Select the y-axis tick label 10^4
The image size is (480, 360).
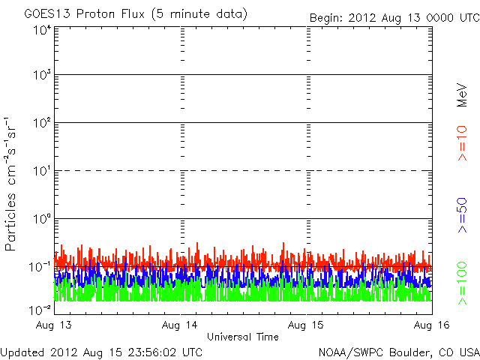coord(41,31)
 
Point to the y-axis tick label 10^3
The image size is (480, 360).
coord(41,76)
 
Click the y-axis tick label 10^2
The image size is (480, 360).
coord(41,123)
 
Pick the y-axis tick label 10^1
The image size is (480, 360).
coord(41,171)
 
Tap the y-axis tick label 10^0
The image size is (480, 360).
coord(41,219)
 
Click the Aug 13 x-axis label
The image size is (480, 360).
coord(54,325)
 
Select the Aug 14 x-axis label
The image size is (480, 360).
coord(181,325)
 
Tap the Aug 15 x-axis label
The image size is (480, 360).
coord(307,325)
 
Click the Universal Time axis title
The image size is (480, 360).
coord(243,337)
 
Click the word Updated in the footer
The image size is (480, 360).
coord(23,351)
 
